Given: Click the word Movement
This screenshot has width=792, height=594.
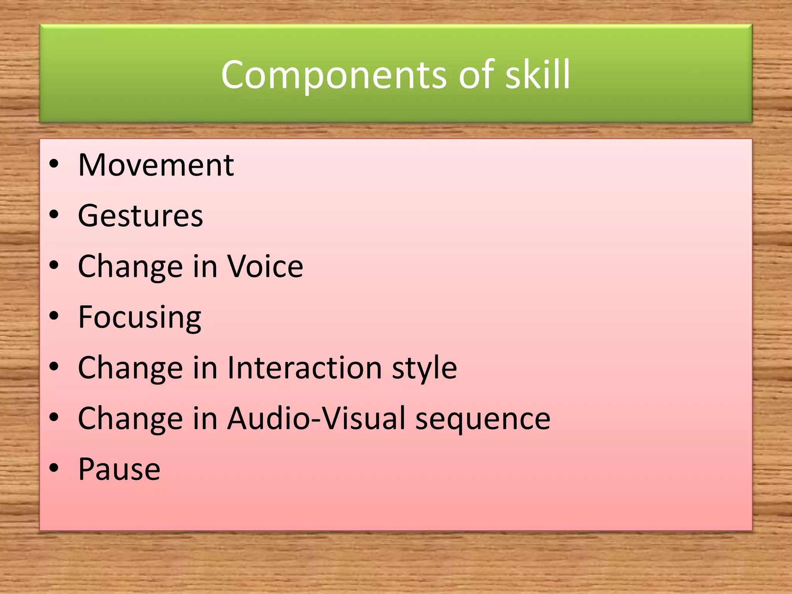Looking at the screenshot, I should pyautogui.click(x=156, y=165).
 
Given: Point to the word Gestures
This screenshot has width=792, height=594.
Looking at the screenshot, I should pyautogui.click(x=140, y=216).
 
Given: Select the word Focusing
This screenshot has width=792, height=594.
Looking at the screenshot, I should pyautogui.click(x=140, y=317).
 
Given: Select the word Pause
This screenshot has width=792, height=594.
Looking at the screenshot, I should pyautogui.click(x=119, y=469).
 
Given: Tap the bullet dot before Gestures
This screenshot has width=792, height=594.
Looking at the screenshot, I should pyautogui.click(x=54, y=215).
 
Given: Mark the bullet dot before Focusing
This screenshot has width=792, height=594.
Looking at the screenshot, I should pyautogui.click(x=54, y=316).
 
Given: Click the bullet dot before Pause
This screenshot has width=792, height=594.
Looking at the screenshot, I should pyautogui.click(x=54, y=468).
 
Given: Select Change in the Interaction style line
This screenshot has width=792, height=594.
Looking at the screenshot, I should pyautogui.click(x=130, y=367).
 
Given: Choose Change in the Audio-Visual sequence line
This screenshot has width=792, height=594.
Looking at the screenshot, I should pyautogui.click(x=130, y=418).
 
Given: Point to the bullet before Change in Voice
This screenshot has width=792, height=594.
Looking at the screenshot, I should pyautogui.click(x=54, y=265).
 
